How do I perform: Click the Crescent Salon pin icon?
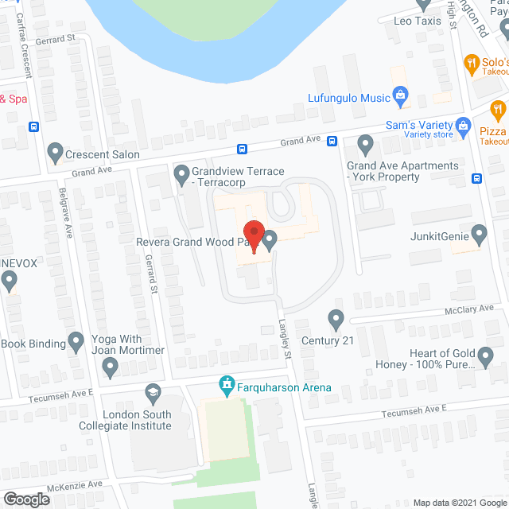(x=55, y=150)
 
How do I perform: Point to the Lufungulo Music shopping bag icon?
(x=402, y=99)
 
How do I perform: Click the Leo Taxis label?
(x=418, y=21)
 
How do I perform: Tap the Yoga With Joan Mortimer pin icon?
(x=111, y=367)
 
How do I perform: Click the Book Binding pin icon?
(x=76, y=343)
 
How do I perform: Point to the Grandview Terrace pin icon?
(x=181, y=172)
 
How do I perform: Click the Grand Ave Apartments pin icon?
(x=365, y=145)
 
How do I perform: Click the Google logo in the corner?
(x=26, y=499)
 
